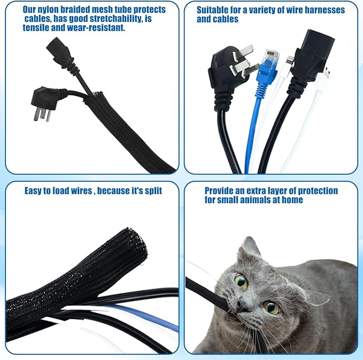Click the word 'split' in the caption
click(x=153, y=191)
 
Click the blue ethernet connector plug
click(x=267, y=66)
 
